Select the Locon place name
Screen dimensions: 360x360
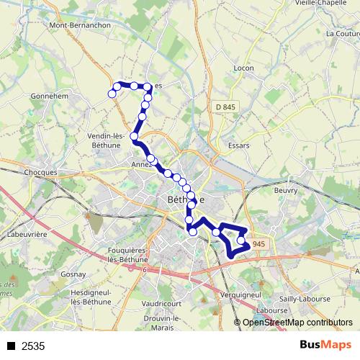[244, 68]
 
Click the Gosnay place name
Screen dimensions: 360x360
[73, 275]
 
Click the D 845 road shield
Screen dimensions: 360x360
[225, 107]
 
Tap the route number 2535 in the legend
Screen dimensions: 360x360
[33, 346]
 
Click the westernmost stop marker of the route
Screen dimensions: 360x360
[112, 94]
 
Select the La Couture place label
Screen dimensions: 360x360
[341, 33]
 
